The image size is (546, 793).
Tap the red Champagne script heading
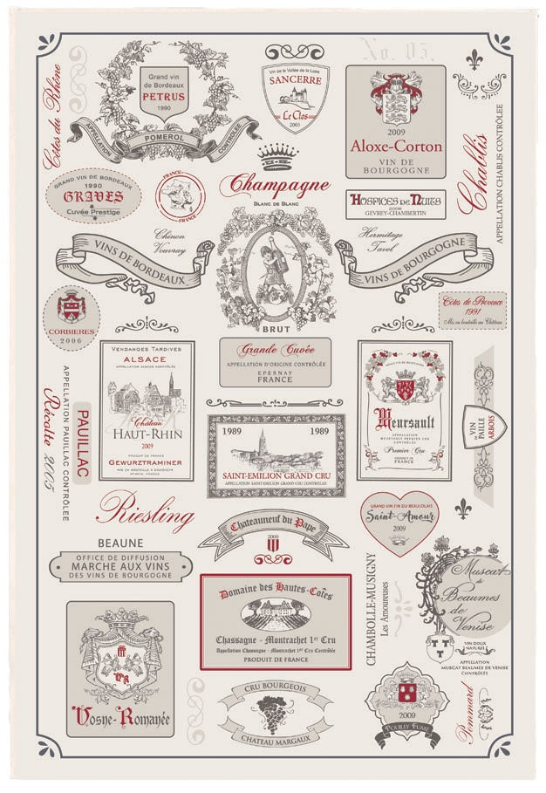pyautogui.click(x=274, y=185)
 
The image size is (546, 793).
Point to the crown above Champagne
pyautogui.click(x=278, y=156)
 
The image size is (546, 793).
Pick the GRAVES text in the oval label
pyautogui.click(x=92, y=197)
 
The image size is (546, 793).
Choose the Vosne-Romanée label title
pyautogui.click(x=120, y=720)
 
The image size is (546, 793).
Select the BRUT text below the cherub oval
pyautogui.click(x=271, y=330)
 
